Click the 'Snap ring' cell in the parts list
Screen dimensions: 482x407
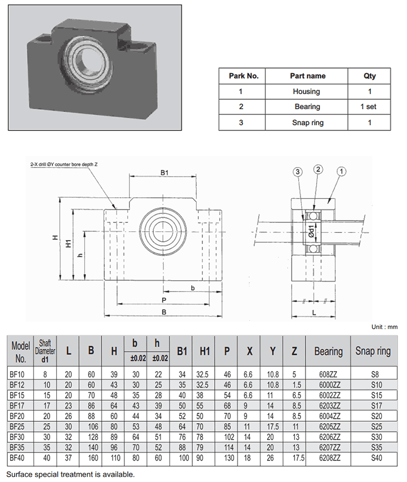[307, 123]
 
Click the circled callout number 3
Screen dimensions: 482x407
[299, 173]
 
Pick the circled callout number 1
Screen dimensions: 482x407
[341, 172]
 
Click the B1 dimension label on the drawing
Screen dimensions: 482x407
[164, 173]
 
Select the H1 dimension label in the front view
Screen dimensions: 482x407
[68, 244]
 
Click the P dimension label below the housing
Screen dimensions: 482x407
[164, 300]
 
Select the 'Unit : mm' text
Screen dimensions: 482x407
[384, 327]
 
